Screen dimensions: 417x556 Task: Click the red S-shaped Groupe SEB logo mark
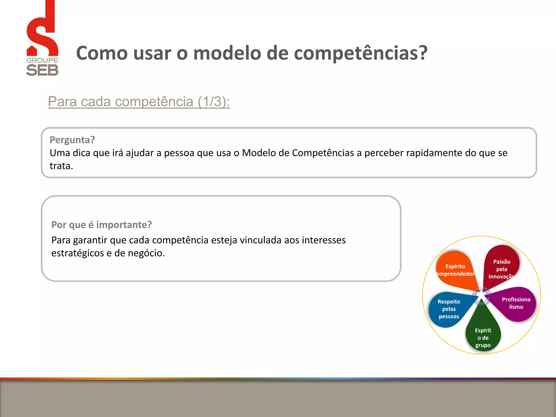pos(42,33)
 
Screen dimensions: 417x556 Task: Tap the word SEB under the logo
pos(42,70)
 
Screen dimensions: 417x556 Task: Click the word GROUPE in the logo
pos(42,60)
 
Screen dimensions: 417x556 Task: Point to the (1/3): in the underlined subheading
pos(214,102)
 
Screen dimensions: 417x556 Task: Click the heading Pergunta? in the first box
pos(72,140)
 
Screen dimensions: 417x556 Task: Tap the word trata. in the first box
pos(61,166)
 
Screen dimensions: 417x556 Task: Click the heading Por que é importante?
pos(102,225)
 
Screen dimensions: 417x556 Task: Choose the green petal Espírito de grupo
pos(483,335)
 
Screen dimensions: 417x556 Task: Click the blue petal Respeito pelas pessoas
pos(449,309)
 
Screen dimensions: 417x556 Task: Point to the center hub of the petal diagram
pos(481,295)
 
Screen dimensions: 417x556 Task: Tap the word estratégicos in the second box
pos(77,253)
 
